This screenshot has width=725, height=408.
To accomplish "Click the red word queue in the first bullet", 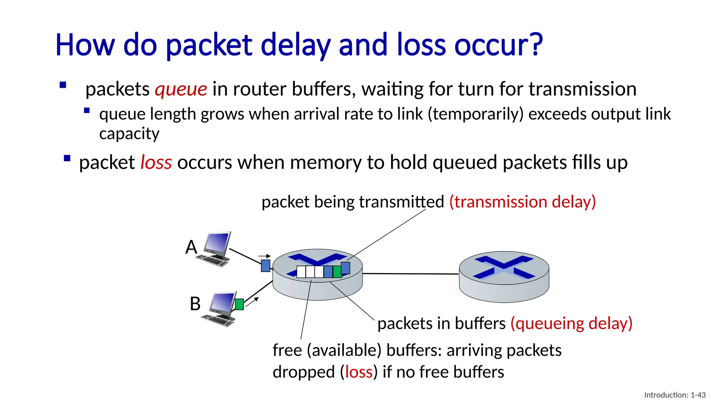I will click(181, 89).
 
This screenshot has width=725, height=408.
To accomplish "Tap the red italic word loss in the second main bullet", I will click(156, 163).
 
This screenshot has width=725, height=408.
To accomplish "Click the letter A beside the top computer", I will click(191, 247).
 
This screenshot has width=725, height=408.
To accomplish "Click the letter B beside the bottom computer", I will click(195, 304).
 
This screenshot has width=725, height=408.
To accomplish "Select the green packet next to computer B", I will click(239, 304).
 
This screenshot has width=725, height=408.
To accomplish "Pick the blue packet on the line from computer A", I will click(266, 266).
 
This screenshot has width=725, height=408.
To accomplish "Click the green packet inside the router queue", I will click(337, 272).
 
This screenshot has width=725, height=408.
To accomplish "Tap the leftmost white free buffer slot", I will click(301, 272).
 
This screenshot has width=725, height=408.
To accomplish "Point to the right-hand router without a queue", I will click(504, 277).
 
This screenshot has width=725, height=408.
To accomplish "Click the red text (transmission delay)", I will click(523, 202).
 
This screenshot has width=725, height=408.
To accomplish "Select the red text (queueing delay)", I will click(571, 323).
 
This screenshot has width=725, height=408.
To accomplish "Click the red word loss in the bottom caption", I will click(359, 372).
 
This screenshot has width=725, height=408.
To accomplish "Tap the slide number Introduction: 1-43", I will click(675, 395).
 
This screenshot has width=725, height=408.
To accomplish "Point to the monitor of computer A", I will click(218, 244).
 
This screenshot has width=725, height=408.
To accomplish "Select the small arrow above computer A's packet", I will click(264, 256).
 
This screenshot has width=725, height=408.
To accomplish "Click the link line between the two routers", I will click(411, 274).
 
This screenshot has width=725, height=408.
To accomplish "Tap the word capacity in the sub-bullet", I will click(129, 134).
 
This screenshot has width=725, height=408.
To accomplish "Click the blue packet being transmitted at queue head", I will click(346, 268).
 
